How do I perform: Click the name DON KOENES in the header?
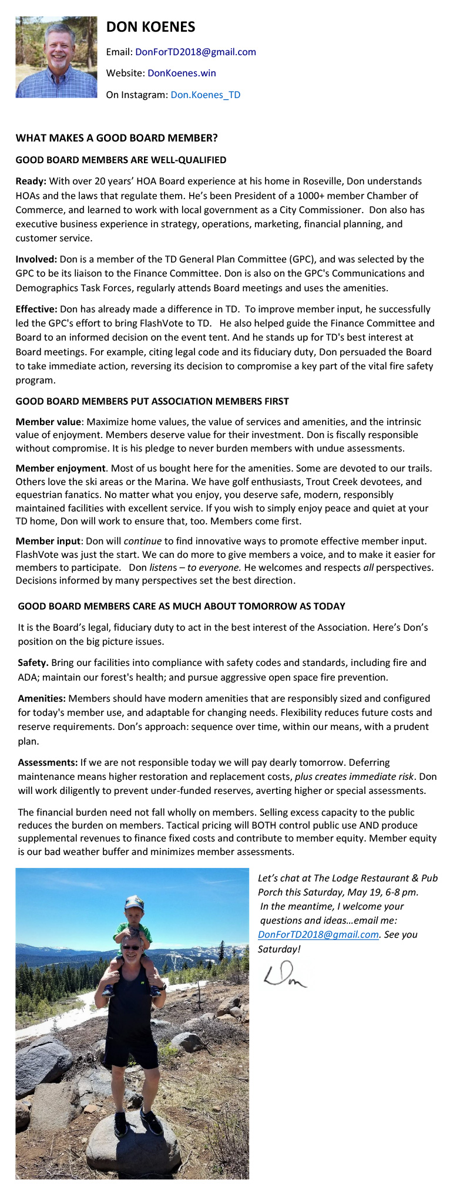[150, 27]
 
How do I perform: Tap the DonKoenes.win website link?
[182, 73]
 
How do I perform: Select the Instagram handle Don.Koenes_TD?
[205, 95]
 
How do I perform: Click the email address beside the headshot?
[196, 52]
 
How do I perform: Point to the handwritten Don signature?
[285, 975]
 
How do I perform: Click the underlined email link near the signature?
[318, 935]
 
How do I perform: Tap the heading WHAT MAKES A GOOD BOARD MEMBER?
[116, 138]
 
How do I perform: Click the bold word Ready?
[31, 181]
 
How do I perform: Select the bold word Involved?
[36, 259]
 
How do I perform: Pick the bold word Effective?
[36, 309]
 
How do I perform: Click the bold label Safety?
[33, 662]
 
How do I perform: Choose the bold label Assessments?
[48, 762]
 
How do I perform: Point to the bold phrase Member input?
[48, 541]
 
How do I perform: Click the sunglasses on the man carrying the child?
[131, 947]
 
